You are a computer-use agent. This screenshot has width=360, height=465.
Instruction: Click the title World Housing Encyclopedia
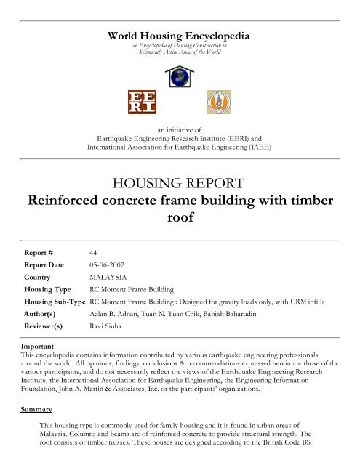pyautogui.click(x=179, y=34)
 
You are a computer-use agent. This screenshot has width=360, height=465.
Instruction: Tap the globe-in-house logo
pyautogui.click(x=179, y=74)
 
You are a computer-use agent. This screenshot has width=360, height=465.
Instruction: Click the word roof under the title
pyautogui.click(x=179, y=217)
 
